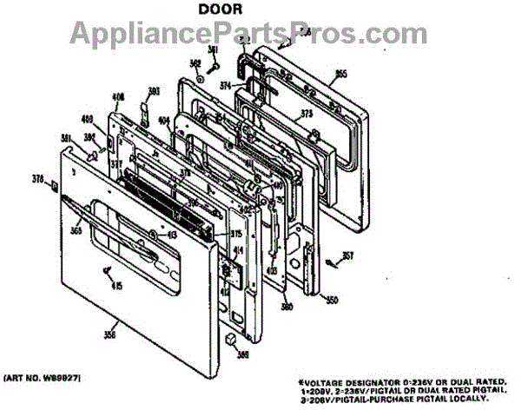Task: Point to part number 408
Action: click(119, 97)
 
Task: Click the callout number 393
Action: click(154, 91)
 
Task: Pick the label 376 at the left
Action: click(37, 181)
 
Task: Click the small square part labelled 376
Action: click(53, 184)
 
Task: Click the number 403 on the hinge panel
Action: click(270, 271)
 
